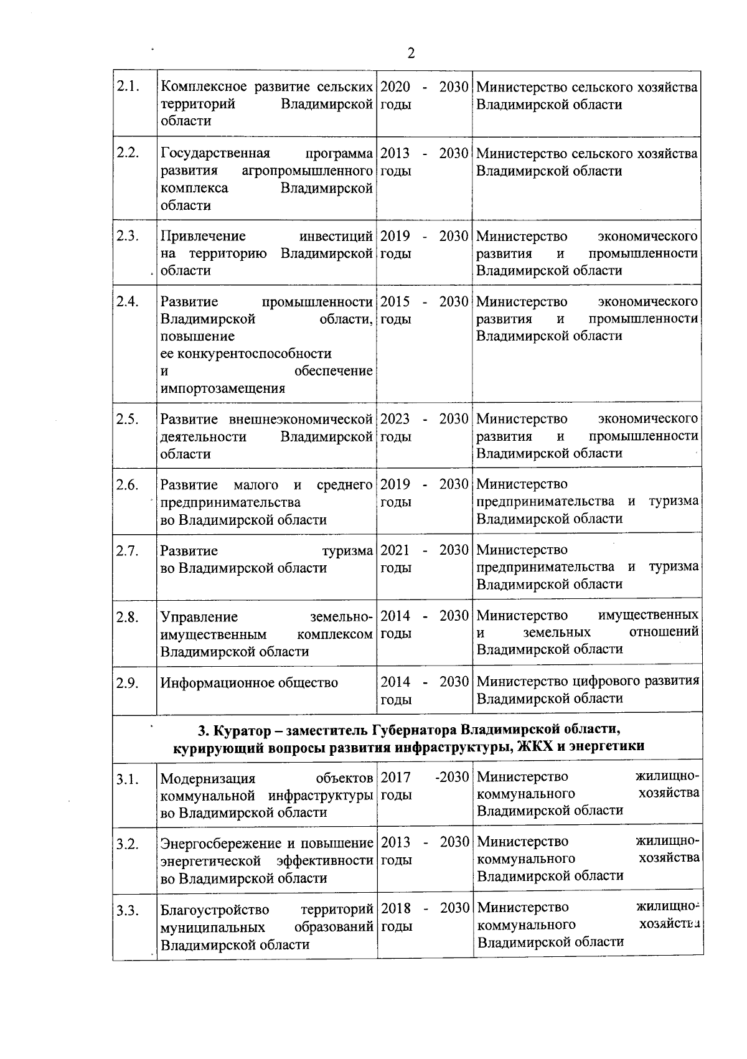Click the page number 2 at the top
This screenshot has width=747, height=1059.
(x=411, y=54)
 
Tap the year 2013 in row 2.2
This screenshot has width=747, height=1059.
(x=395, y=153)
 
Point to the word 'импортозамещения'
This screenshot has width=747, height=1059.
(x=222, y=388)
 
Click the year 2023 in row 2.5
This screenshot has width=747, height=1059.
(x=395, y=419)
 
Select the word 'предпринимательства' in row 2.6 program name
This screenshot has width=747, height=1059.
(x=230, y=502)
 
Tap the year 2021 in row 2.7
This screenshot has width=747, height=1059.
(x=395, y=550)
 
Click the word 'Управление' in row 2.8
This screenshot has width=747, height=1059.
(x=199, y=617)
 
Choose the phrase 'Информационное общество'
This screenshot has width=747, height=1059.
(x=249, y=682)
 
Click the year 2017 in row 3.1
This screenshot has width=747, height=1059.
(x=395, y=777)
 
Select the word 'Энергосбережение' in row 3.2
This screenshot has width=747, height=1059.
(x=221, y=844)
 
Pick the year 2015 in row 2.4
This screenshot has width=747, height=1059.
(x=395, y=302)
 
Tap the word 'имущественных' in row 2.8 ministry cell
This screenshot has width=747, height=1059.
(x=648, y=616)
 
